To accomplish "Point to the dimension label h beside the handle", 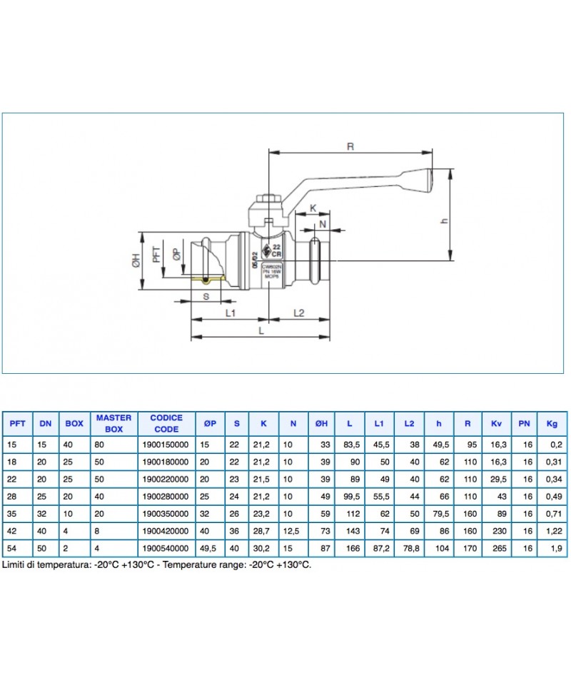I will pyautogui.click(x=445, y=221).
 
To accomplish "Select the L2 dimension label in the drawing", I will pyautogui.click(x=299, y=313).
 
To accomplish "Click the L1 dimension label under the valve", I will pyautogui.click(x=230, y=313).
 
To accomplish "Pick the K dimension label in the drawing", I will pyautogui.click(x=313, y=208).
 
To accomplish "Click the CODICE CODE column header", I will pyautogui.click(x=166, y=423).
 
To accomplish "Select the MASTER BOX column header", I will pyautogui.click(x=114, y=423).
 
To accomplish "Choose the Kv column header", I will pyautogui.click(x=496, y=424).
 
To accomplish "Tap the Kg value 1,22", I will pyautogui.click(x=552, y=531).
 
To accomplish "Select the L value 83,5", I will pyautogui.click(x=350, y=444).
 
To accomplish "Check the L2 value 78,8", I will pyautogui.click(x=409, y=548).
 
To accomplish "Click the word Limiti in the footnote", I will pyautogui.click(x=16, y=564).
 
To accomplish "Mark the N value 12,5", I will pyautogui.click(x=293, y=531).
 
